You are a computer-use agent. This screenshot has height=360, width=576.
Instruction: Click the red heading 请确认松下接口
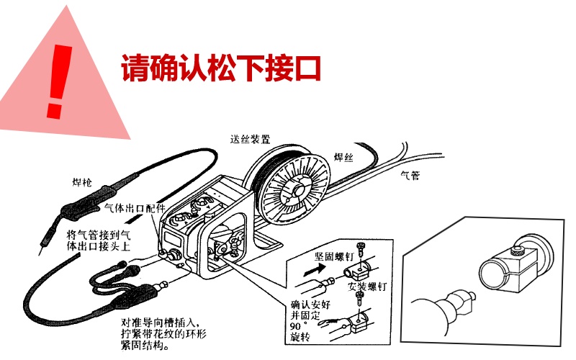click(221, 68)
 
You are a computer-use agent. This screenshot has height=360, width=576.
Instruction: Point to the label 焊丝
click(343, 157)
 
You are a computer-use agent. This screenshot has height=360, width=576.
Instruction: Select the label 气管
click(410, 176)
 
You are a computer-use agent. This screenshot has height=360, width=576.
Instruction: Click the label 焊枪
click(81, 182)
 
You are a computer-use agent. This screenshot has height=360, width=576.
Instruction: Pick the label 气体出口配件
click(135, 208)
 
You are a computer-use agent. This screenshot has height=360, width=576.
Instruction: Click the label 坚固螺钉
click(334, 256)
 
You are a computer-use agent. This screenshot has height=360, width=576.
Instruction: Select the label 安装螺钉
click(367, 286)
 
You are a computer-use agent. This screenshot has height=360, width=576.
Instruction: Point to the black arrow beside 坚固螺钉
click(315, 271)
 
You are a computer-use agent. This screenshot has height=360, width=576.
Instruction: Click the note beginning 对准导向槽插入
click(164, 334)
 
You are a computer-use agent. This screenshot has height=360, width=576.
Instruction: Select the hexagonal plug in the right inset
click(459, 301)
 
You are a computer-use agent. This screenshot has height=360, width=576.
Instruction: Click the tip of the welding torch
click(40, 253)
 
